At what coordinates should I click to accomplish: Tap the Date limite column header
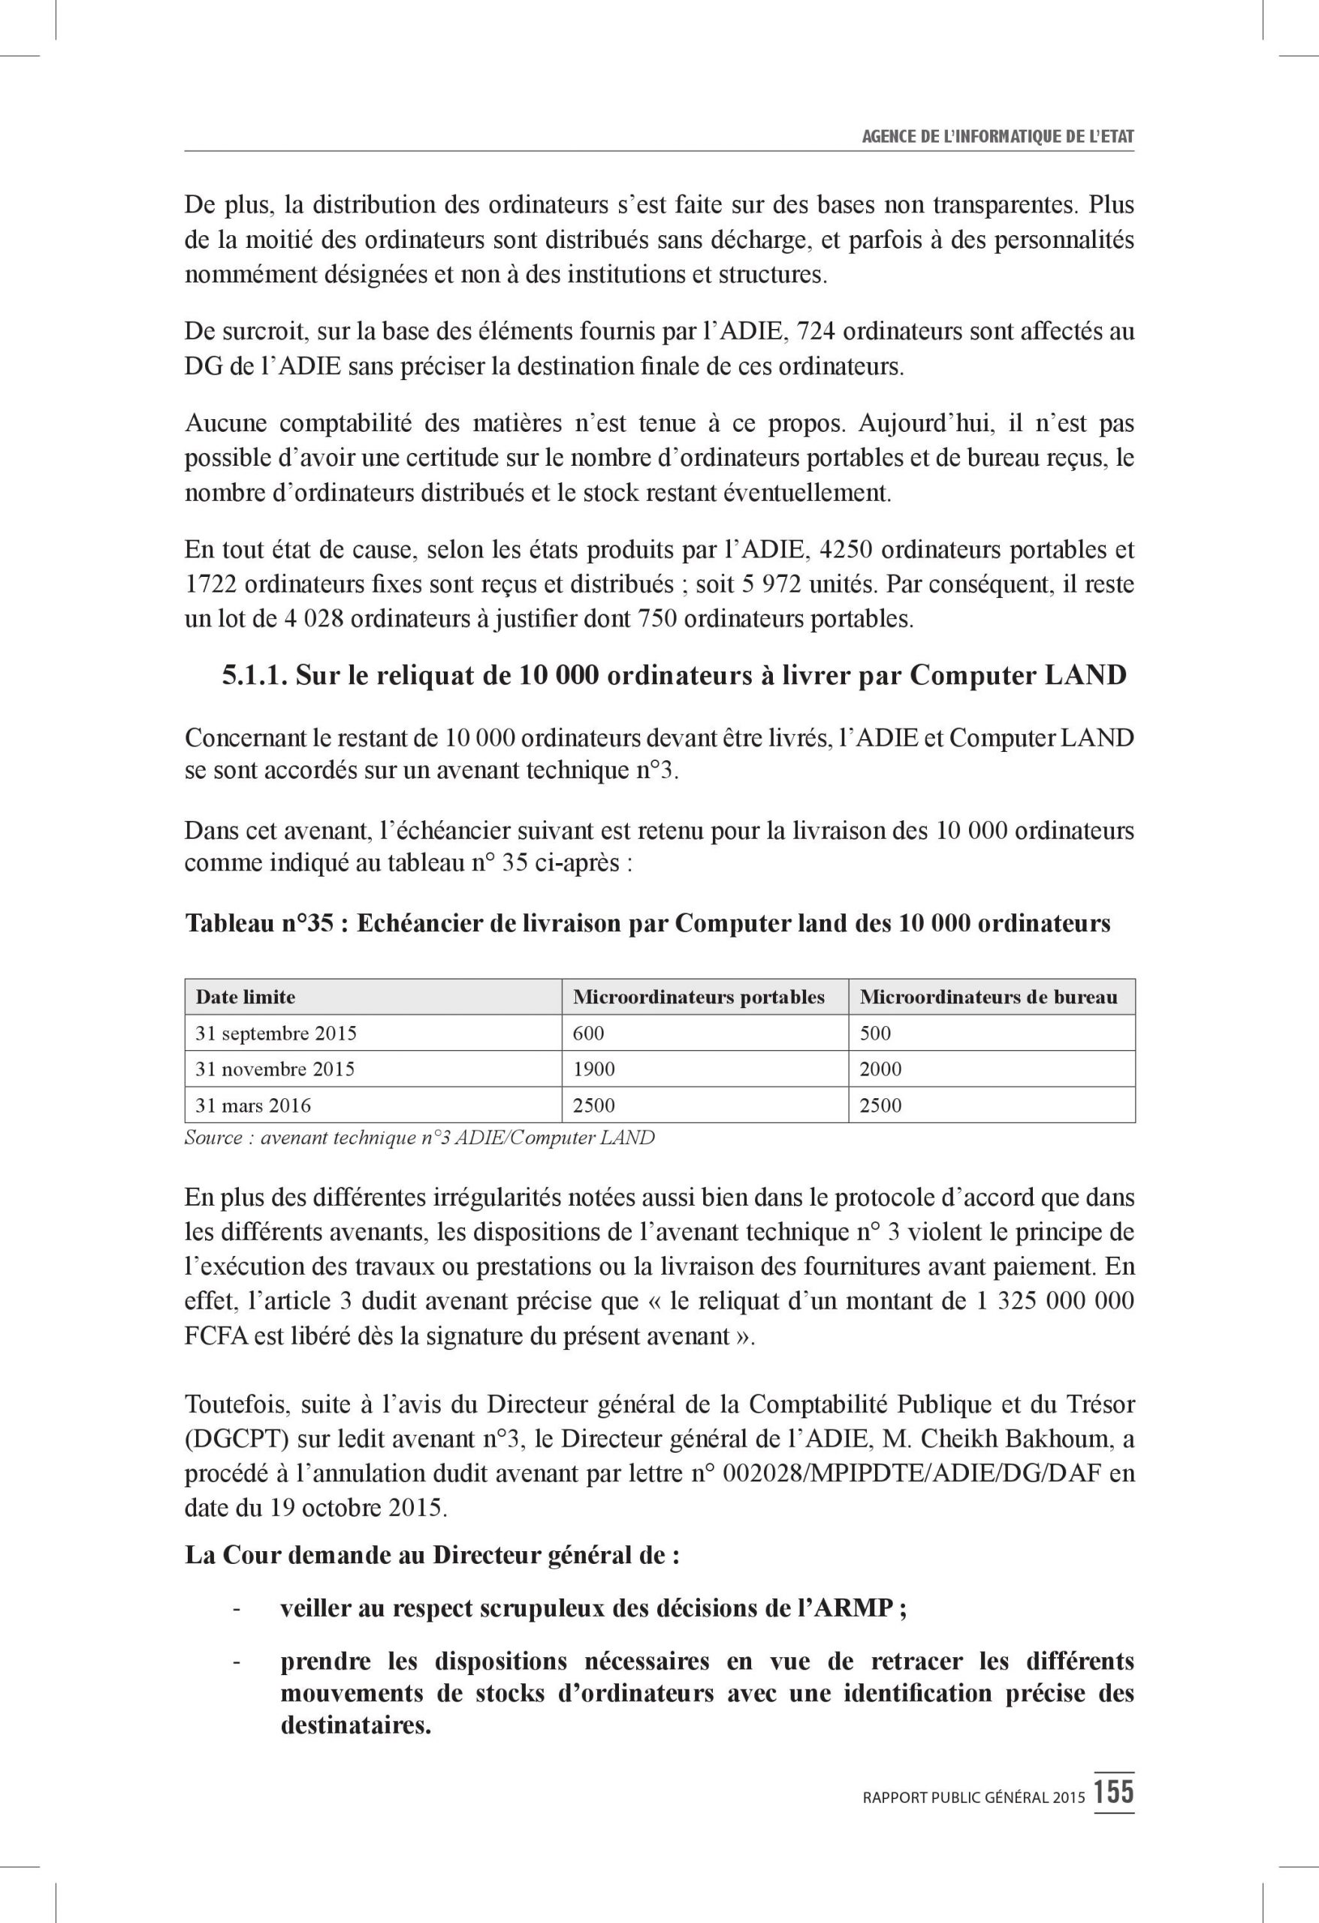[x=245, y=997]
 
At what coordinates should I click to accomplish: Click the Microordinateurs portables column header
[x=699, y=997]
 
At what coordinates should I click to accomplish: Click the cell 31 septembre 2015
[x=276, y=1034]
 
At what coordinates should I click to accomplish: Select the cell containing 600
[x=588, y=1034]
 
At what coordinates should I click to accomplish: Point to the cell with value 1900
[x=593, y=1069]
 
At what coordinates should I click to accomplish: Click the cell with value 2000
[x=880, y=1069]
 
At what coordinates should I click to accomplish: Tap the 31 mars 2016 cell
[x=253, y=1106]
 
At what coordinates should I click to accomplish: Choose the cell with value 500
[x=876, y=1034]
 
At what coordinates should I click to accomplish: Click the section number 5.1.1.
[x=254, y=676]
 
